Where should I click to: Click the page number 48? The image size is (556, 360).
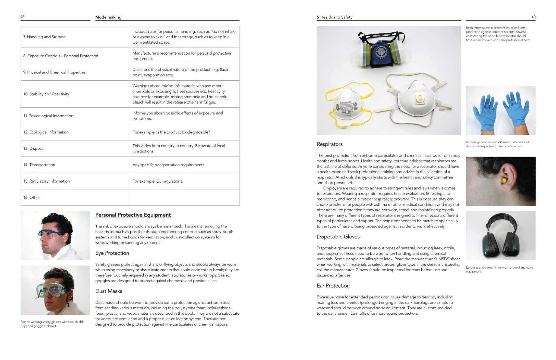[x=22, y=17]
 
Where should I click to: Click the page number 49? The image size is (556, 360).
[x=533, y=17]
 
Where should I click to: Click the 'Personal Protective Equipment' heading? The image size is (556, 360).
[x=133, y=215]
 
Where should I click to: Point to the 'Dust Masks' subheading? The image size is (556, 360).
[x=109, y=291]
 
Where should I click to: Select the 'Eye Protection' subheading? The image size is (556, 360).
[x=112, y=253]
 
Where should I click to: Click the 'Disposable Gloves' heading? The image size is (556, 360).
[x=338, y=237]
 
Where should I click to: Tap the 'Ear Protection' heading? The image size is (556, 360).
[x=333, y=286]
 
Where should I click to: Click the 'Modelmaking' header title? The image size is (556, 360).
[x=108, y=17]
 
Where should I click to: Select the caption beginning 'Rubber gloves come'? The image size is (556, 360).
[x=497, y=144]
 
